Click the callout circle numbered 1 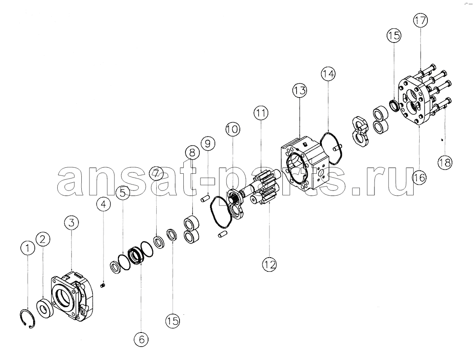point(28,249)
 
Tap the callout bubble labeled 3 point(71,223)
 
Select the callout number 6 point(142,339)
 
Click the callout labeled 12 point(269,265)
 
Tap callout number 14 point(328,74)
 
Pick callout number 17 point(420,21)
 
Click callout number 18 point(445,163)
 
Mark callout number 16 point(420,178)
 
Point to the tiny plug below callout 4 point(102,285)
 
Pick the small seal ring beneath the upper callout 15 point(394,105)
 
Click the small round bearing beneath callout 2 point(46,308)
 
